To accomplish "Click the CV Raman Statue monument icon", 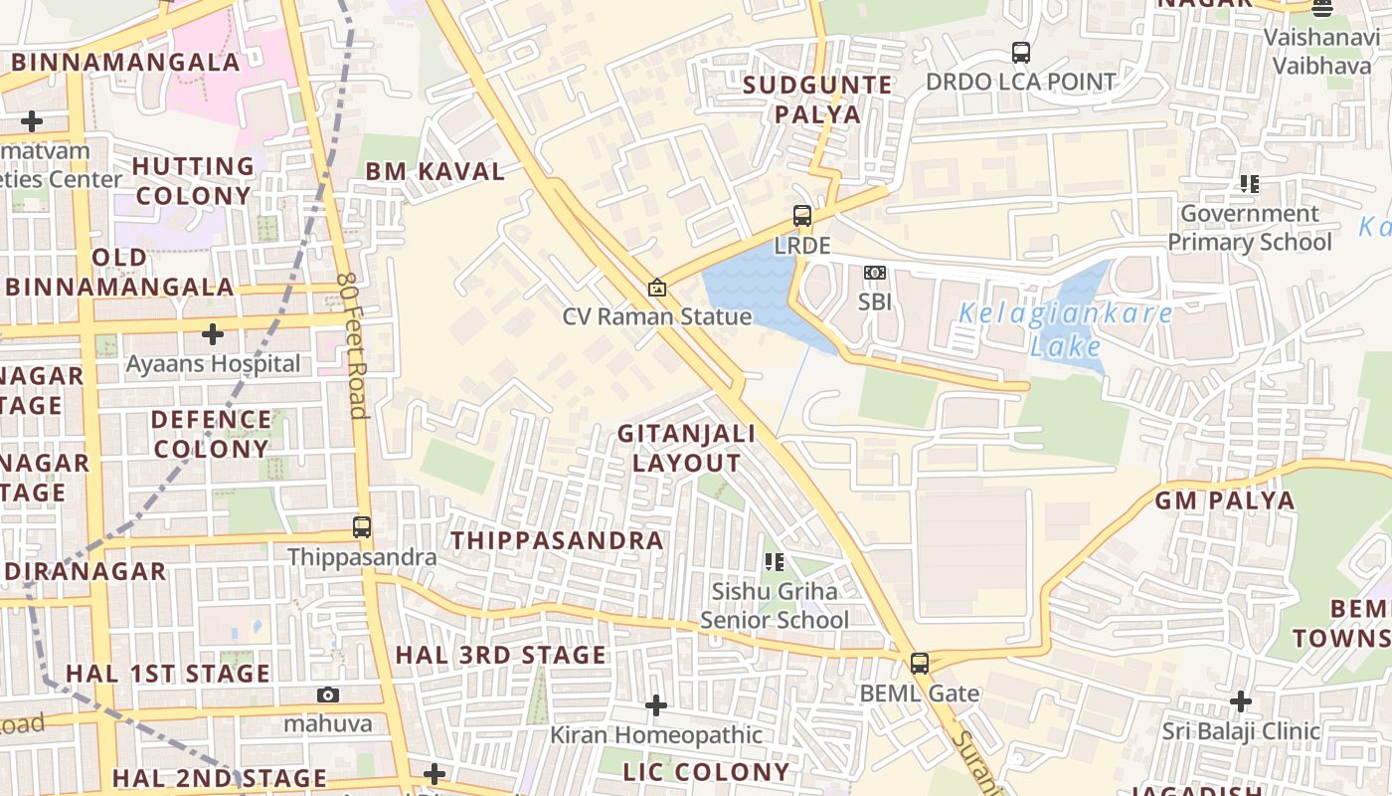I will coord(656,288).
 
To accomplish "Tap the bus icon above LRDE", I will coord(801,216).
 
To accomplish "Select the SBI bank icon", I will coord(875,273).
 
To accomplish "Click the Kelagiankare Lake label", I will coord(1065,330).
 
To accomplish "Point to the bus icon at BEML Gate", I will coord(920,664).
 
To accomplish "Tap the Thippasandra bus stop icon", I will coord(362,527).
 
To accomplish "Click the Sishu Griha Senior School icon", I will coord(775,562).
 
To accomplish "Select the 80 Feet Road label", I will coord(352,345).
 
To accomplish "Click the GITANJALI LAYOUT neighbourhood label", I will coord(686,448).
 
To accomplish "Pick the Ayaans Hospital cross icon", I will coord(213,334).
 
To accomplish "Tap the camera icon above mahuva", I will coord(328,695).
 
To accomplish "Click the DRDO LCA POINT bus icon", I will coord(1020,52).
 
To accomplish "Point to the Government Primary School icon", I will coord(1249,184).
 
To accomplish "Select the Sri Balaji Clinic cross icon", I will coord(1241,701).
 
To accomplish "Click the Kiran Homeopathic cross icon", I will coord(656,705).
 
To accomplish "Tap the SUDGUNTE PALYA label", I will coord(818,99).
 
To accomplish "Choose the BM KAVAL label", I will coord(435,171).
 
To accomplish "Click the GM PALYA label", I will coord(1225,500).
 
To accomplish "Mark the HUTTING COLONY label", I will coord(193,180).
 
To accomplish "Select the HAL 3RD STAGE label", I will coord(500,655).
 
